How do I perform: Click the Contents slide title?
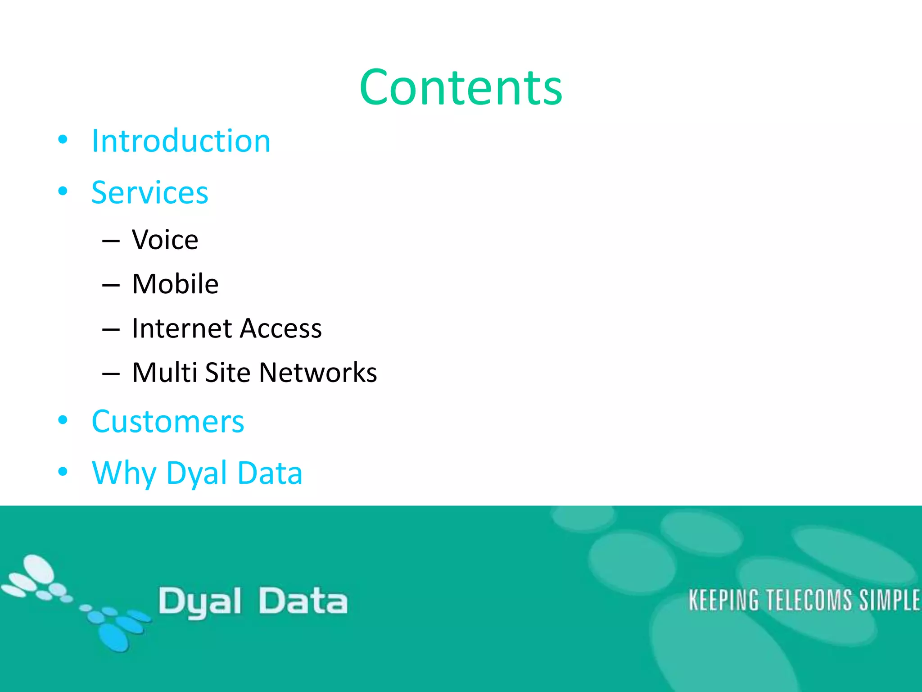(461, 88)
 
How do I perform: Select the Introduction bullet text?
(181, 141)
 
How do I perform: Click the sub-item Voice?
(165, 240)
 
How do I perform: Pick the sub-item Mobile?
(175, 284)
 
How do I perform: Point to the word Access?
(281, 328)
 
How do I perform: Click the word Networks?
(318, 373)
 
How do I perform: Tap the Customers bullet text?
(167, 422)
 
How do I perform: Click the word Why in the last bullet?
(123, 473)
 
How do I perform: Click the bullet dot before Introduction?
(63, 139)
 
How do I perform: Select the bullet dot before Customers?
(63, 420)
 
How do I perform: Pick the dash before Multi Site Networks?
(111, 374)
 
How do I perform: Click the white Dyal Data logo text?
(253, 601)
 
